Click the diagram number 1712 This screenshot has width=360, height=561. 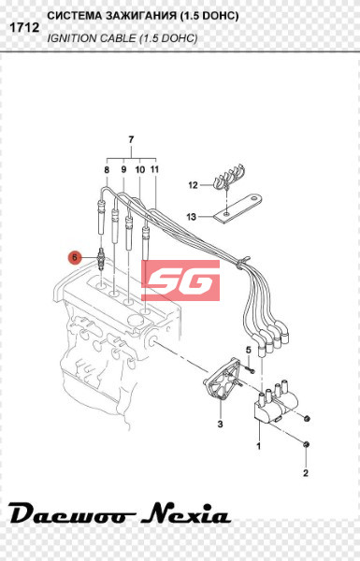[24, 27]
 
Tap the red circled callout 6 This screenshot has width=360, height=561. [75, 257]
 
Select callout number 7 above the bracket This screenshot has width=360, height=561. [131, 139]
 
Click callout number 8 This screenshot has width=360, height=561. [107, 169]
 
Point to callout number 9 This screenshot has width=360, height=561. [123, 169]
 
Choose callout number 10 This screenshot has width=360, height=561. [140, 169]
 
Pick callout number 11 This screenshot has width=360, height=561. [154, 169]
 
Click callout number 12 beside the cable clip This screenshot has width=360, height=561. [193, 185]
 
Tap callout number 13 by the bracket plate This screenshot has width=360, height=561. [192, 217]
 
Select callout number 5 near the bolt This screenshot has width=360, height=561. [249, 351]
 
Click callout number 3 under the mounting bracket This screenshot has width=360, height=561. [220, 424]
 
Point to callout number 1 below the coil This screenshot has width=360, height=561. [258, 446]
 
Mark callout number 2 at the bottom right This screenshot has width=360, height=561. [306, 473]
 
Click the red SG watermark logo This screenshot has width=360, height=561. [180, 280]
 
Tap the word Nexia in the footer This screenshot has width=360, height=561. [185, 513]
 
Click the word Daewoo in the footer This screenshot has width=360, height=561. [72, 514]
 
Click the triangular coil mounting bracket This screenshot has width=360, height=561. [222, 380]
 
